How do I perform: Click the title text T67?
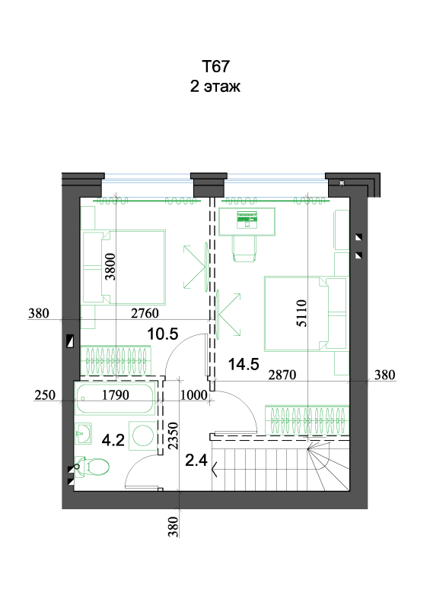click(215, 66)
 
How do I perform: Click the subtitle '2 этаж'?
click(215, 86)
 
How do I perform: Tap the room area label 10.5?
click(163, 334)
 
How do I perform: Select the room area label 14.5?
click(244, 364)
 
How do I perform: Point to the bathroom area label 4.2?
click(113, 440)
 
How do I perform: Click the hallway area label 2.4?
click(196, 461)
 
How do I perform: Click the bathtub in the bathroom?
click(116, 398)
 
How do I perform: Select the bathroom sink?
click(83, 432)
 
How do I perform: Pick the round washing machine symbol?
click(143, 435)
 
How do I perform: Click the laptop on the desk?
click(247, 220)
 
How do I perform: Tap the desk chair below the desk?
click(244, 249)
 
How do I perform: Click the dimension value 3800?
click(110, 267)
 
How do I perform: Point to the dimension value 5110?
click(302, 313)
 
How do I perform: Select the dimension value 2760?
click(145, 313)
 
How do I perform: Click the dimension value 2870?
click(282, 375)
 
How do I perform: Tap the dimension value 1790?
click(116, 394)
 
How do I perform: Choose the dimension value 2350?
click(173, 435)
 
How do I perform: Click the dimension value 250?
click(45, 394)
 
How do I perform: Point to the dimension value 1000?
click(194, 394)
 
